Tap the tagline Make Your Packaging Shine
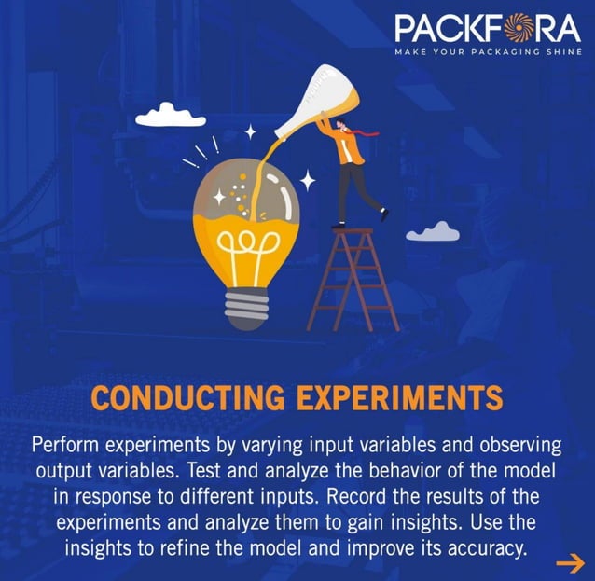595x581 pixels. point(487,51)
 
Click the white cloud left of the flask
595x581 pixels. point(169,115)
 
